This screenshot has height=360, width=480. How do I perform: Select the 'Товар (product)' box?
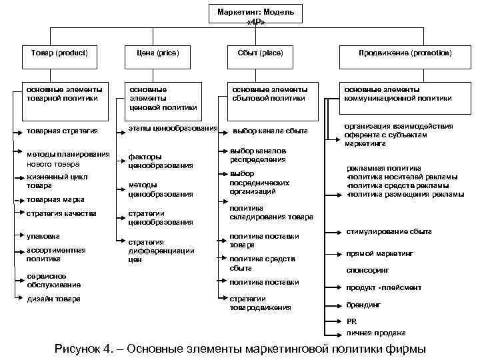tap(59, 53)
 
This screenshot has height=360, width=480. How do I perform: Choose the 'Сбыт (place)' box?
tap(260, 53)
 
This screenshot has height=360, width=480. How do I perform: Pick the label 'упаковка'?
tap(43, 236)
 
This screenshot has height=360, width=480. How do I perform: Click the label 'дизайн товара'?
tap(54, 299)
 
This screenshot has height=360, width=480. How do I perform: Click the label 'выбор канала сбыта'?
tap(270, 131)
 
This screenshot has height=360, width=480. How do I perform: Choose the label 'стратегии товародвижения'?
tap(260, 303)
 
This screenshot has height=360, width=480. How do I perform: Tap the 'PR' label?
tap(351, 321)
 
